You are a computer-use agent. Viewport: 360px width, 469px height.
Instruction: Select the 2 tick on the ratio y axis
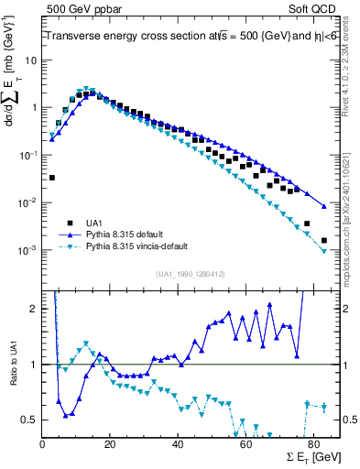click(x=36, y=309)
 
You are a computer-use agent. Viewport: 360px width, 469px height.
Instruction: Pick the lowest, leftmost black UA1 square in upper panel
click(x=52, y=178)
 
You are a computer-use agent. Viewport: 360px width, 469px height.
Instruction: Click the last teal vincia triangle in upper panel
click(x=324, y=251)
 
